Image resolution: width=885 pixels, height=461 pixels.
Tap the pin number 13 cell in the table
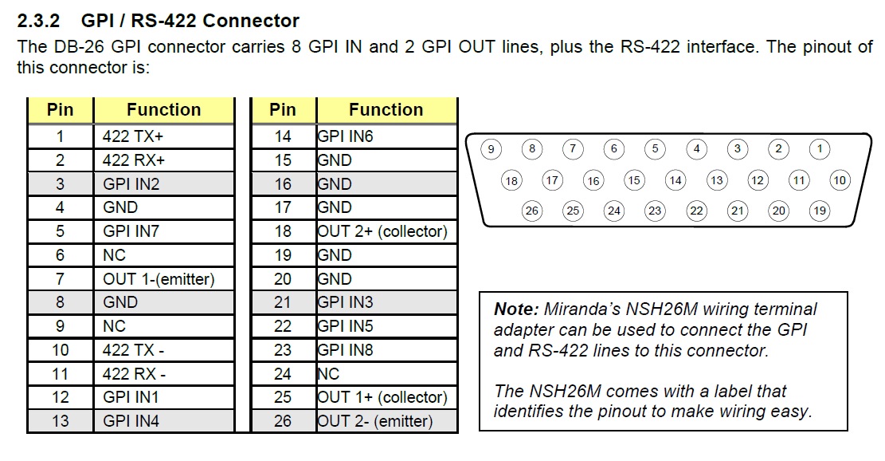(61, 421)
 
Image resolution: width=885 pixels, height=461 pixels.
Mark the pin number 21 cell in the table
(283, 302)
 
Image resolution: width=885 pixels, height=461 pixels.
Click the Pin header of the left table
(61, 110)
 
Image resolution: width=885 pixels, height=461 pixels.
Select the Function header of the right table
(386, 110)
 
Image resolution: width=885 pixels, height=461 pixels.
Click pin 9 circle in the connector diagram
(491, 148)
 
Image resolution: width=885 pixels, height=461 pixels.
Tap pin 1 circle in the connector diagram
(819, 148)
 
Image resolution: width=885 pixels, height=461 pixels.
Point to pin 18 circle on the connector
(511, 180)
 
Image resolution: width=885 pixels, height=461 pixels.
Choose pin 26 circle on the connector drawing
(532, 211)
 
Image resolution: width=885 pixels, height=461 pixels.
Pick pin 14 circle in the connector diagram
(675, 180)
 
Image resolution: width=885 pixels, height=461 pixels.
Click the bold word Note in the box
(514, 309)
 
